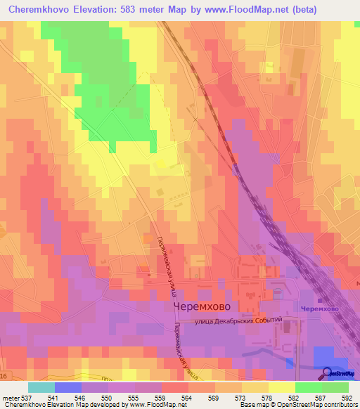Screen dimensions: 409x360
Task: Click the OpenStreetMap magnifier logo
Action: point(327,373)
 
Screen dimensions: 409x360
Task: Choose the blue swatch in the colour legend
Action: point(67,387)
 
